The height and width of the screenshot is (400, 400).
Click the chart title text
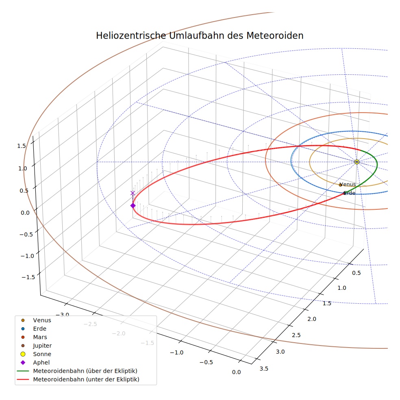click(x=200, y=36)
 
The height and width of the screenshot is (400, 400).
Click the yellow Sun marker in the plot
click(x=357, y=162)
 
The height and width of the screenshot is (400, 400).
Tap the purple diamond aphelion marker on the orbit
click(x=133, y=206)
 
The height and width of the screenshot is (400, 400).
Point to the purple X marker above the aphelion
click(x=133, y=193)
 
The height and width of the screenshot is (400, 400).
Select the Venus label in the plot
click(x=348, y=184)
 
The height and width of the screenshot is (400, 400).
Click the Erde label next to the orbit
click(x=350, y=193)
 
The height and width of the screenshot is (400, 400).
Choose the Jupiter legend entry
click(x=42, y=346)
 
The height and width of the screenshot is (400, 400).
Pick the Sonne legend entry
click(x=42, y=354)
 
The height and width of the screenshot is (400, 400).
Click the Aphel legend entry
click(x=41, y=363)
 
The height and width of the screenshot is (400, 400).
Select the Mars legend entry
click(x=40, y=337)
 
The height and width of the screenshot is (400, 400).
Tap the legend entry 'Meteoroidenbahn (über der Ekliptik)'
click(x=85, y=371)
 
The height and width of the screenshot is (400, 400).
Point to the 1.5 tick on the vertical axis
click(x=22, y=146)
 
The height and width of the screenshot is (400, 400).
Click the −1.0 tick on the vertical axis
click(x=27, y=256)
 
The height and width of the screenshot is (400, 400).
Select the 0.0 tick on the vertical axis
click(x=25, y=213)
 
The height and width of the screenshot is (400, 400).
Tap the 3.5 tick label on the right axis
click(x=264, y=369)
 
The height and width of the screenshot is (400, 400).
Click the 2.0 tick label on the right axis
click(x=312, y=319)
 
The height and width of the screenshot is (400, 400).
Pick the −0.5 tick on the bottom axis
click(x=206, y=362)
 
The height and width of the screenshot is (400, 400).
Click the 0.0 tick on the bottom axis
click(x=237, y=372)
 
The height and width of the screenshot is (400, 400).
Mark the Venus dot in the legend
click(x=23, y=320)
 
